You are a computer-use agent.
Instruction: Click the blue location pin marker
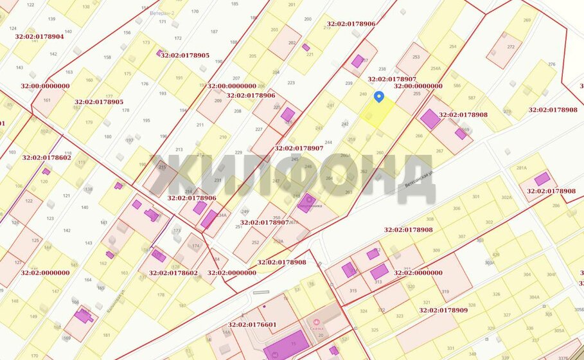tap(379, 97)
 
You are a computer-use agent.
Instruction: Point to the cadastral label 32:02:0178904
tap(42, 37)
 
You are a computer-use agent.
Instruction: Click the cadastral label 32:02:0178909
tap(443, 310)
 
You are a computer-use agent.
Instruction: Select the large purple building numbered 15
tap(286, 346)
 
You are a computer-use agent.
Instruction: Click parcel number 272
tap(511, 47)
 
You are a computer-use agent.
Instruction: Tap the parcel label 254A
tap(436, 68)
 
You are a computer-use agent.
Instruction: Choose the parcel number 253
tap(416, 57)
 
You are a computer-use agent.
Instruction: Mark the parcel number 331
tap(450, 349)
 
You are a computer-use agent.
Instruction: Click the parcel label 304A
tap(534, 298)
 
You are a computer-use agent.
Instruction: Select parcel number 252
tap(255, 242)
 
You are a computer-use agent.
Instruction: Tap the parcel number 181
tap(107, 335)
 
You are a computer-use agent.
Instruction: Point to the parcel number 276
tap(551, 64)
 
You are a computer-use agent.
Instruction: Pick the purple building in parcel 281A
tap(542, 178)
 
